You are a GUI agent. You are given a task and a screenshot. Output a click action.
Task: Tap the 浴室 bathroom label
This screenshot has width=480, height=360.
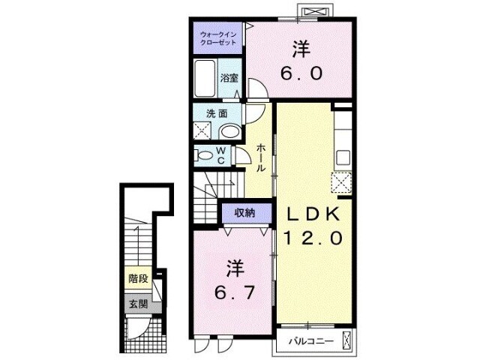coord(229,77)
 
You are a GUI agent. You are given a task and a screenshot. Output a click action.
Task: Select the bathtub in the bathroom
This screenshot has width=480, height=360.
coord(205,77)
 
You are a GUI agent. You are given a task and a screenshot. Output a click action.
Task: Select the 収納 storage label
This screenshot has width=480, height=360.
coord(244,213)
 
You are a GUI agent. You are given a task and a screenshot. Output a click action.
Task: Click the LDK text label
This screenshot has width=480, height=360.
coord(313,214)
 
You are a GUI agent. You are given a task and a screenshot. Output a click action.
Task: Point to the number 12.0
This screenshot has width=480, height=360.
coord(313,238)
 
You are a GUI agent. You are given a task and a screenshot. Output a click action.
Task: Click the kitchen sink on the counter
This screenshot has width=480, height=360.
coord(343,157)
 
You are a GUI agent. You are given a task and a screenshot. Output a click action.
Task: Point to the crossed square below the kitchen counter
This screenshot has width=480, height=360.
coord(342,182)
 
